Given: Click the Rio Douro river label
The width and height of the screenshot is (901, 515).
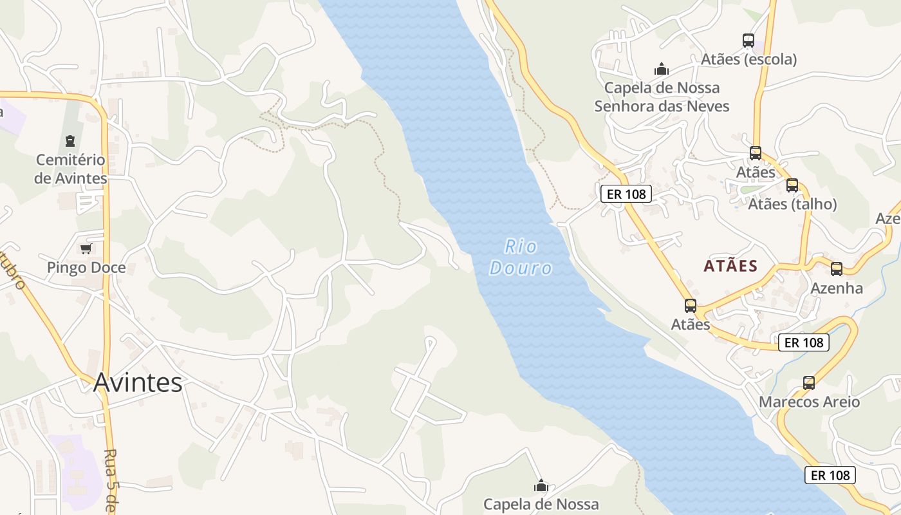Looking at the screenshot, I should pos(521,257).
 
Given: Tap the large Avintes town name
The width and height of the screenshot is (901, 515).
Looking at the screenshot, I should pos(138,382).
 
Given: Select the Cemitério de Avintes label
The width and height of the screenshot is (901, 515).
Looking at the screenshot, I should pos(71,169).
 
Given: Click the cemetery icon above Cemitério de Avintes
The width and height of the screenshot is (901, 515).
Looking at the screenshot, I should pos(70,140).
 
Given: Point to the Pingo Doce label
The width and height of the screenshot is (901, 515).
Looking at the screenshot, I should pos(86,267).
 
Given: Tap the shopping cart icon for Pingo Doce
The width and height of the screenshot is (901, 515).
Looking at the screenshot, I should pos(86,248).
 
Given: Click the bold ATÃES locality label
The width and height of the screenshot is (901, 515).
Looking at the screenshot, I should pos(730,266).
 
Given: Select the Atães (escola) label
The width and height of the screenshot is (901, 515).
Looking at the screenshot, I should pos(748,59).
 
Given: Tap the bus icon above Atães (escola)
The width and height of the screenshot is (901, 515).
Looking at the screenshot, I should pos(748,41).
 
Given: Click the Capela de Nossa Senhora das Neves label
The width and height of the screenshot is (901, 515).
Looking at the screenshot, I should pos(662,97).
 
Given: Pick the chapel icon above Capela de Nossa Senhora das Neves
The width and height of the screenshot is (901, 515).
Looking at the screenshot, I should pos(662,68).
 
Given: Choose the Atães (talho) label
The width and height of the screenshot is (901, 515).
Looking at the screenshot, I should pos(792,204).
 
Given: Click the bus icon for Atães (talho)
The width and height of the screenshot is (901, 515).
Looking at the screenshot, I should pos(792,185).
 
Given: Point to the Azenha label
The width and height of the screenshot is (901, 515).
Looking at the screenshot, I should pos(837,288).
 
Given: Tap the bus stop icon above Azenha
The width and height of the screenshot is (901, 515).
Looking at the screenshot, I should pos(837,269).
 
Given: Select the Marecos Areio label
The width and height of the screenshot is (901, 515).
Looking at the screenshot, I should pos(809,402).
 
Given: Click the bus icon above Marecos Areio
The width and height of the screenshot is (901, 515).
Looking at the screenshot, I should pos(809,383).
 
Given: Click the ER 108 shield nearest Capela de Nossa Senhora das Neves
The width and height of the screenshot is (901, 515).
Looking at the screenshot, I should pos(626,194).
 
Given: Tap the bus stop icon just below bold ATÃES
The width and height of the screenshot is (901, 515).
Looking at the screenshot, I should pos(691,306).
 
